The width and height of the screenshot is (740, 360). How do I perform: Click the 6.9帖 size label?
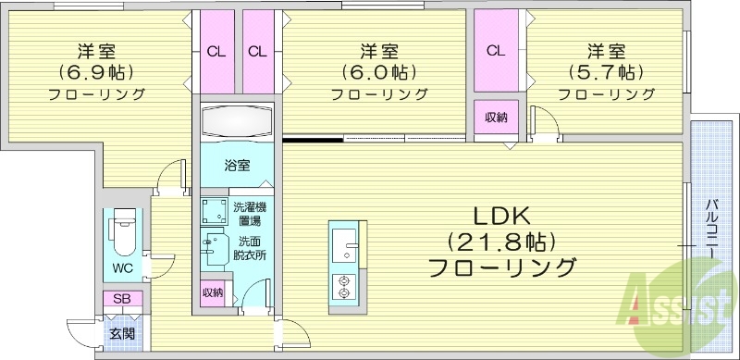pos(96,71)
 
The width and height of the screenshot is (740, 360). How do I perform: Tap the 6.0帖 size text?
pos(378,71)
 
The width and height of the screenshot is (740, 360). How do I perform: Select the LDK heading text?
pos(501,217)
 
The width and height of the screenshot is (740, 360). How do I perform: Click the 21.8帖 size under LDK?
pos(500,243)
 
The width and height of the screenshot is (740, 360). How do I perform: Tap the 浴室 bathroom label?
pos(238,167)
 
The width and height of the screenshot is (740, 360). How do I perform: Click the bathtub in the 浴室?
pos(238,121)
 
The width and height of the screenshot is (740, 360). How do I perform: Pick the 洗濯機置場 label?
pos(247,214)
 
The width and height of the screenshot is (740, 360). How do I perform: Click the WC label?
pos(123,269)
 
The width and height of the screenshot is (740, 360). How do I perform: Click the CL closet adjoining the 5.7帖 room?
pos(496,51)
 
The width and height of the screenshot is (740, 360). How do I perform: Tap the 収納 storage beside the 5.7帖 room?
pos(496,117)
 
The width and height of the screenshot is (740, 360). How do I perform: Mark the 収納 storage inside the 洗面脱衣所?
pos(214,292)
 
